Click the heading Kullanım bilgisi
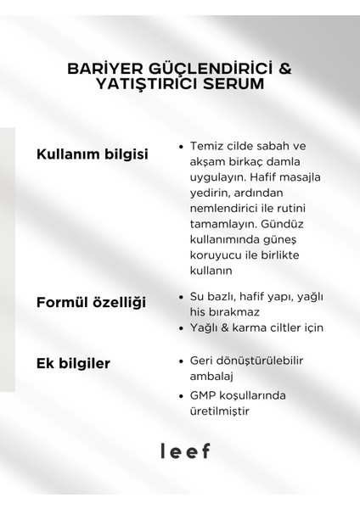point(92,154)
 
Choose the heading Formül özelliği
point(92,303)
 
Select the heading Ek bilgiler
point(74,364)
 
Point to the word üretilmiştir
point(226,411)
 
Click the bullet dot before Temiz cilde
point(182,146)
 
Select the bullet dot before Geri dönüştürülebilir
point(182,360)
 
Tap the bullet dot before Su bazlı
point(182,296)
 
